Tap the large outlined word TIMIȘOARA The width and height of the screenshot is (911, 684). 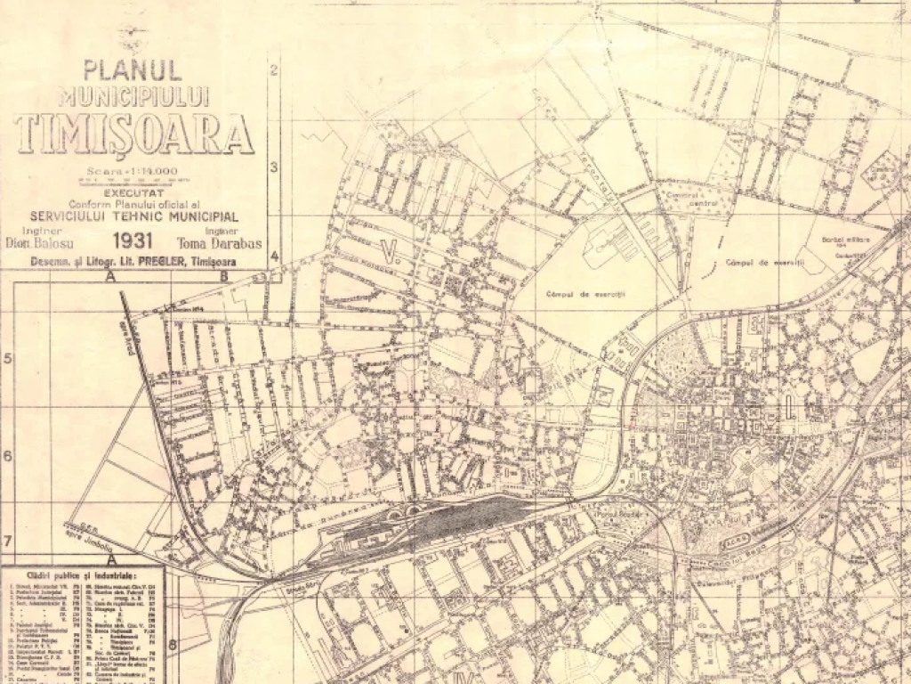[134, 134]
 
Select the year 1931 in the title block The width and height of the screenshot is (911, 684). [133, 240]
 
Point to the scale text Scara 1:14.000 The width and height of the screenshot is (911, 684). [133, 171]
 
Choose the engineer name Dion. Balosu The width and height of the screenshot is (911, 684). [40, 241]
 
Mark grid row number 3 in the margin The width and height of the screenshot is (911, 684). [275, 167]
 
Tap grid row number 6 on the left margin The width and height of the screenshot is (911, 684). [7, 456]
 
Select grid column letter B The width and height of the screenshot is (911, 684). [224, 276]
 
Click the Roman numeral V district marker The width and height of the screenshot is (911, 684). [387, 248]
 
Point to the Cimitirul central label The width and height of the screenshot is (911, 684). [691, 199]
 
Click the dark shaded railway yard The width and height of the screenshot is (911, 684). [463, 517]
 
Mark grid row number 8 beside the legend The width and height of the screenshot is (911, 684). [173, 643]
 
